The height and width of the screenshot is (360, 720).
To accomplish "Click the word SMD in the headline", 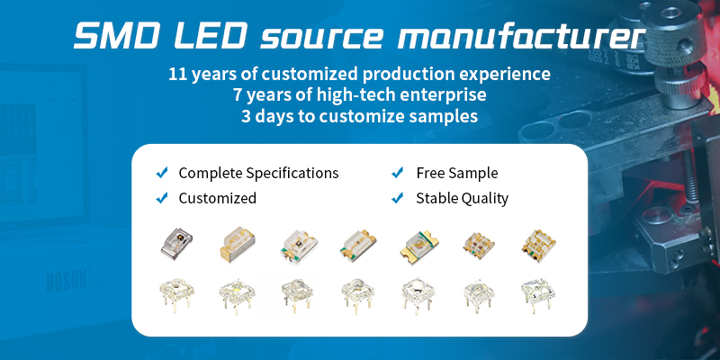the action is (118, 36).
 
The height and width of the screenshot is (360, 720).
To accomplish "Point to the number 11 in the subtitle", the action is (177, 74).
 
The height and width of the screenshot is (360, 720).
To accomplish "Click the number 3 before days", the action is (246, 116).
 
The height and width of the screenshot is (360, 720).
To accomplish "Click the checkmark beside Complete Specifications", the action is (162, 173).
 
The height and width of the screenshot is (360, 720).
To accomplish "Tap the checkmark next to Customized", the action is (162, 198).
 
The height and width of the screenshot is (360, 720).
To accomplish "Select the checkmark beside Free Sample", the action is (398, 173).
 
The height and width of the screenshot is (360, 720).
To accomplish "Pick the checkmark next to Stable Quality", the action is (398, 198).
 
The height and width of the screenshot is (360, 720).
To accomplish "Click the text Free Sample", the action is (457, 173).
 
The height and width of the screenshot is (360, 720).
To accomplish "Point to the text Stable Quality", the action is (462, 198).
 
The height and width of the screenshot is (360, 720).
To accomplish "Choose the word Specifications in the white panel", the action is (292, 174).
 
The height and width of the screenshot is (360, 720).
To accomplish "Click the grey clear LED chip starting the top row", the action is (176, 242).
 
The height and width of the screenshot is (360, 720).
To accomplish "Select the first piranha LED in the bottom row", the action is (176, 295).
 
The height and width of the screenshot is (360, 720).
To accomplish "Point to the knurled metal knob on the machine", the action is (673, 29).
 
